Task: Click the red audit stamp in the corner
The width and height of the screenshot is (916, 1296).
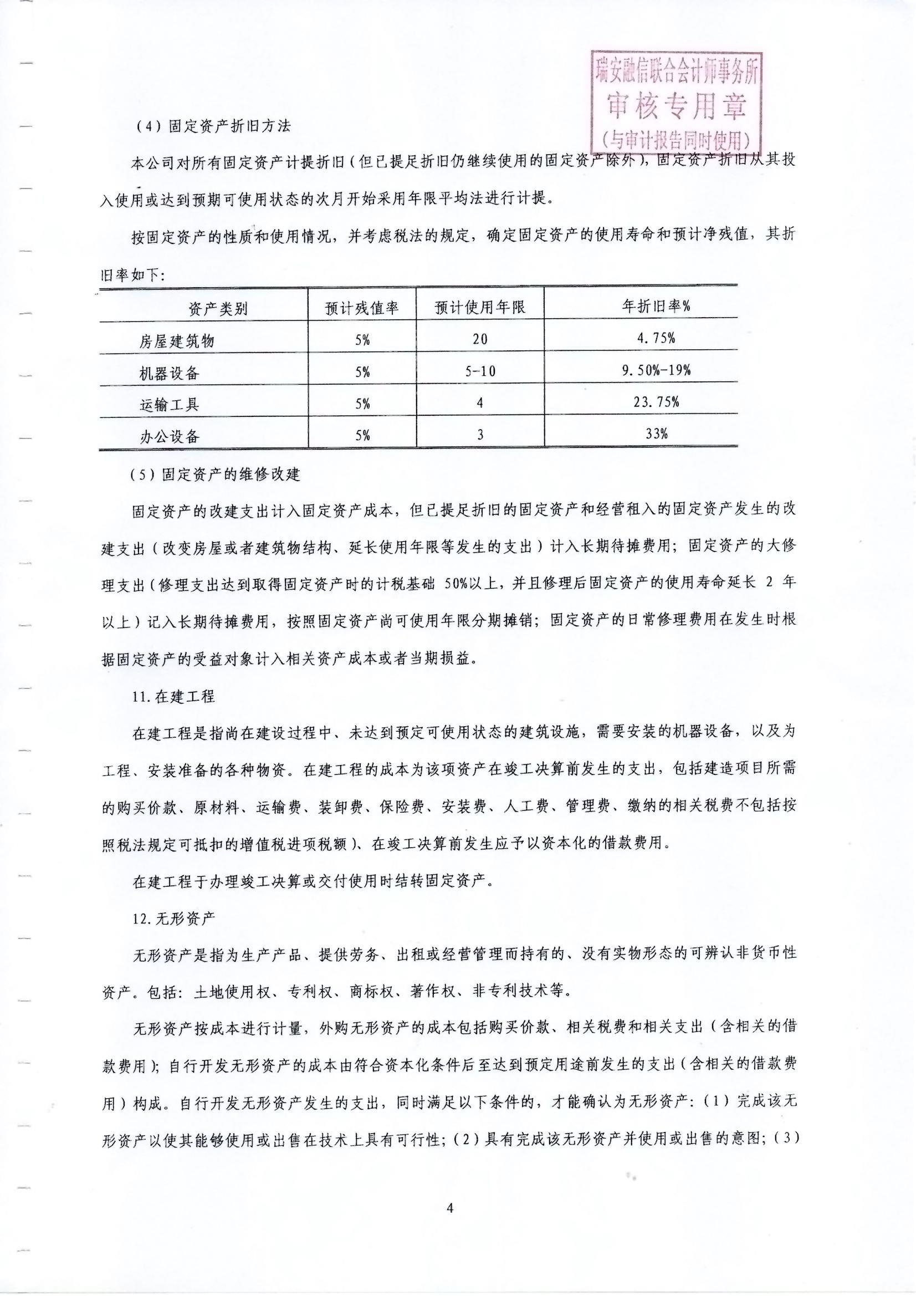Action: click(x=676, y=102)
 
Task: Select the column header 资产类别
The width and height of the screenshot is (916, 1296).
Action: click(x=218, y=308)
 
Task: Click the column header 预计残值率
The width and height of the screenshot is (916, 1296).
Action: click(x=362, y=308)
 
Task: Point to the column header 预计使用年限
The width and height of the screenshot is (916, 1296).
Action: click(x=480, y=308)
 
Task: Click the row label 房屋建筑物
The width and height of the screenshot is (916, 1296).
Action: click(x=177, y=340)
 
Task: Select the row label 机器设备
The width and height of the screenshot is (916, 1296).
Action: click(x=170, y=373)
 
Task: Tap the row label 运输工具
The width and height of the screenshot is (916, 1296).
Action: click(x=170, y=404)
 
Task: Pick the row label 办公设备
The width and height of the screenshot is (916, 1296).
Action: click(x=170, y=436)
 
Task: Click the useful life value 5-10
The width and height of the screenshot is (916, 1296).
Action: click(x=480, y=371)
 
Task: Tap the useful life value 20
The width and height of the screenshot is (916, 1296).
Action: click(x=480, y=339)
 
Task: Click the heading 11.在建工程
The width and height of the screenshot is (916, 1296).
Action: click(x=173, y=697)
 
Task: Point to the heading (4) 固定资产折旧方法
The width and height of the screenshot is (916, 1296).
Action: click(x=213, y=126)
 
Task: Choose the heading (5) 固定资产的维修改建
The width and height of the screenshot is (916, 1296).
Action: click(x=216, y=474)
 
